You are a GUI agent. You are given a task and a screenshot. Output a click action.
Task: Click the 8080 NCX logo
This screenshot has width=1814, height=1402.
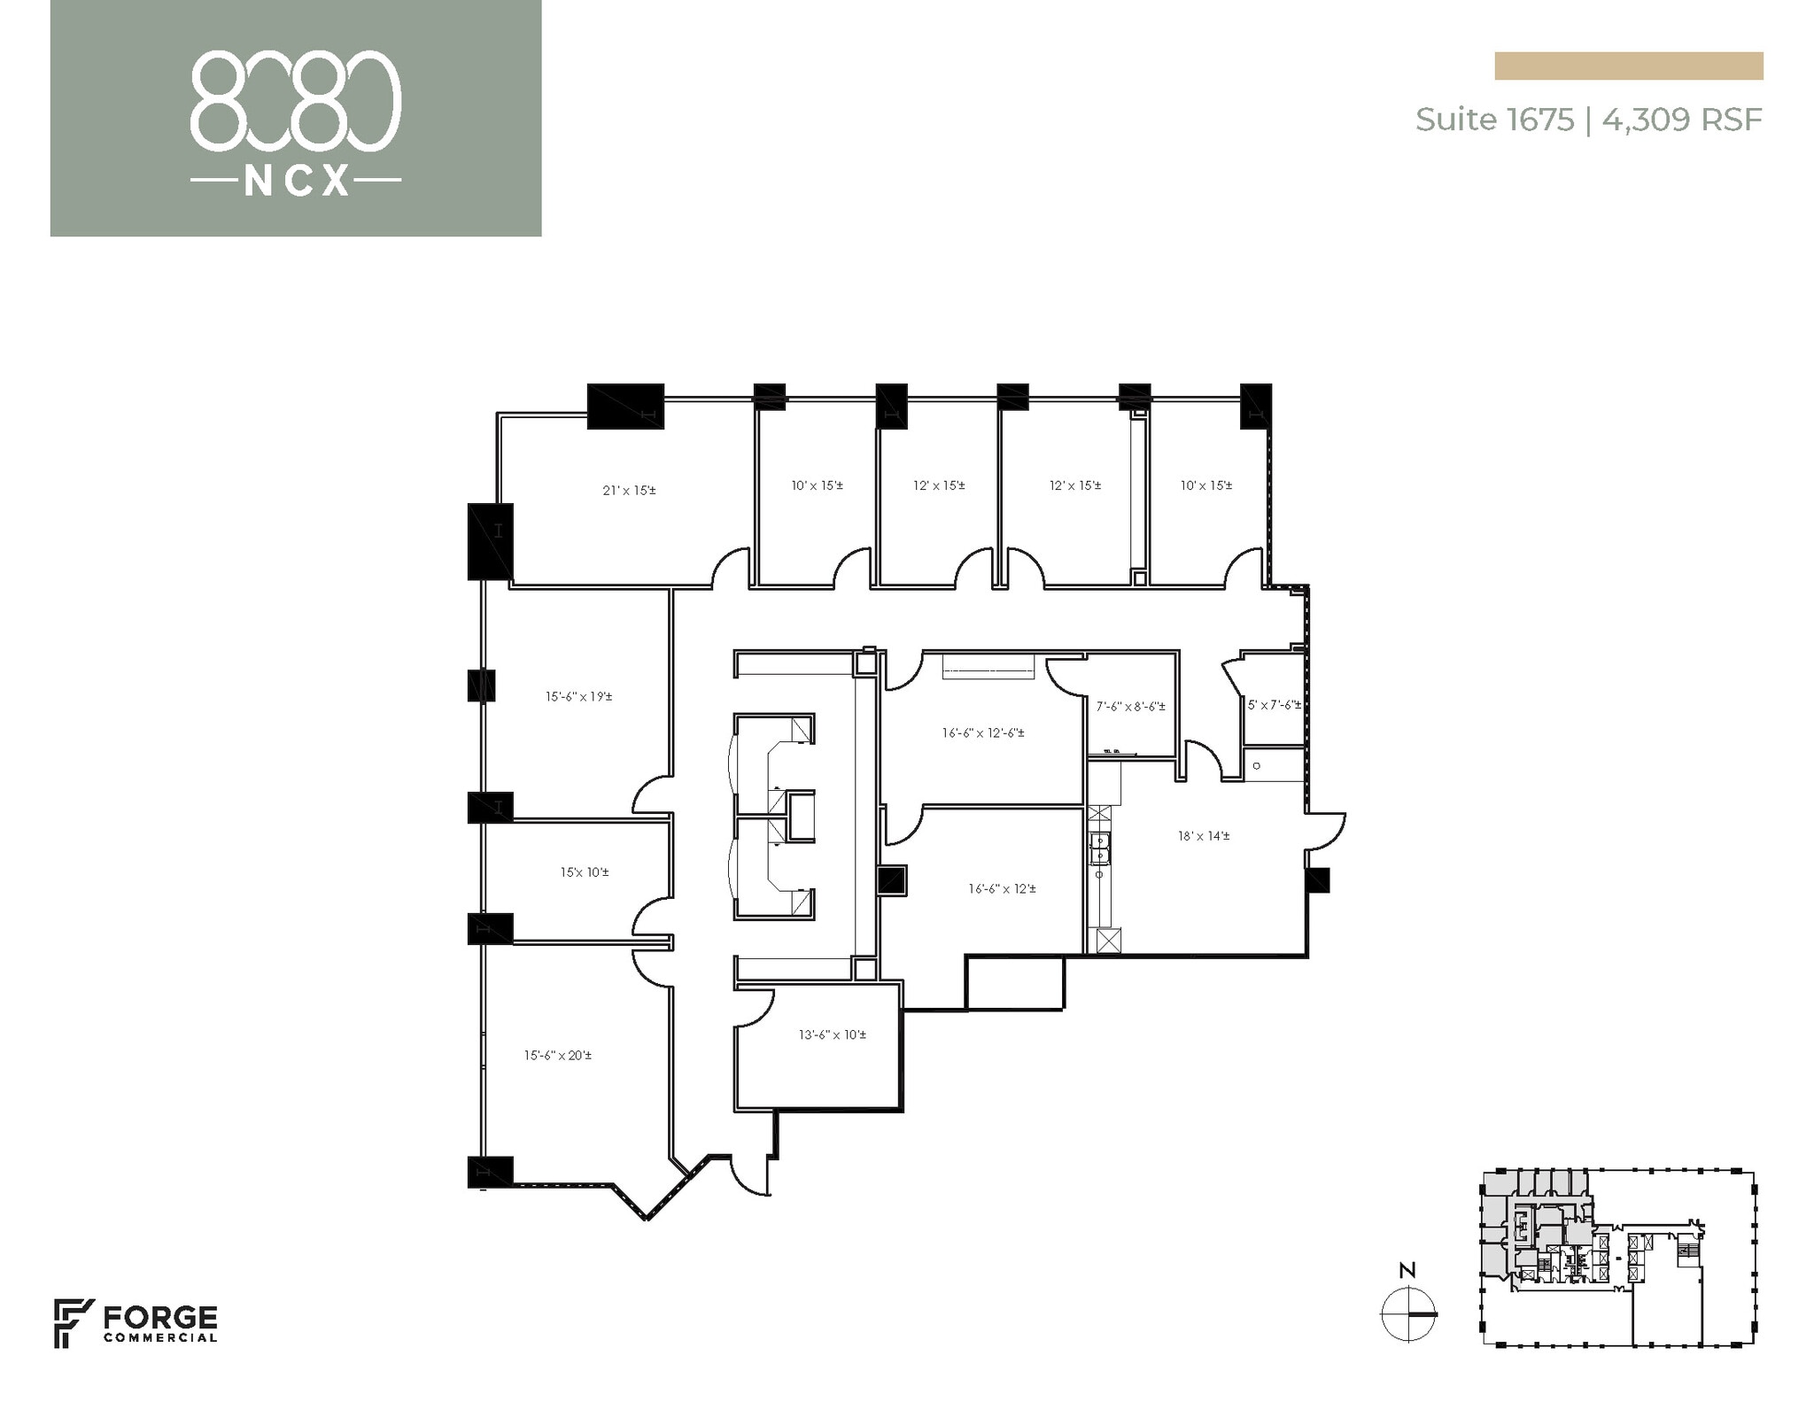(x=295, y=120)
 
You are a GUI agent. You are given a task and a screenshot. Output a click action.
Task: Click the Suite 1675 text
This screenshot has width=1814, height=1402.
(x=1493, y=120)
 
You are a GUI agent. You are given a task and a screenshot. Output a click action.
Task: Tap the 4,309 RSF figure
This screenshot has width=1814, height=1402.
(x=1681, y=120)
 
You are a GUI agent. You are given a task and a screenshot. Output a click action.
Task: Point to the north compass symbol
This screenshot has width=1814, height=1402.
(x=1407, y=1314)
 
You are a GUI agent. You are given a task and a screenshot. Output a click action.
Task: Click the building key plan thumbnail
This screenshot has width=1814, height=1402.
(x=1617, y=1257)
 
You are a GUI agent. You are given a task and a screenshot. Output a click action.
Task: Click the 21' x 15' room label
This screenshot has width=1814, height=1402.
(x=629, y=490)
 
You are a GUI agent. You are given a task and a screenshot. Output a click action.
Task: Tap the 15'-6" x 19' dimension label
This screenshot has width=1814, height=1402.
(x=578, y=696)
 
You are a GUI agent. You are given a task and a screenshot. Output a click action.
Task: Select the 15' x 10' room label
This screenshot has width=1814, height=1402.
(x=584, y=872)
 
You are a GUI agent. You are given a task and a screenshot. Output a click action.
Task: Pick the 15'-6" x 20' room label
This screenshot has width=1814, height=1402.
(x=557, y=1055)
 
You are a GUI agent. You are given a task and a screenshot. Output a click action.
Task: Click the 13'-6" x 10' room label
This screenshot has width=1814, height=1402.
(x=832, y=1034)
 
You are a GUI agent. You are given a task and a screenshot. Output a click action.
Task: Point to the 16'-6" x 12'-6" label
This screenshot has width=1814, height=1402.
(x=983, y=732)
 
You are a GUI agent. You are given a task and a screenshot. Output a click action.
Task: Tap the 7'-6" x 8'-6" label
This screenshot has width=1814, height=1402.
(x=1130, y=707)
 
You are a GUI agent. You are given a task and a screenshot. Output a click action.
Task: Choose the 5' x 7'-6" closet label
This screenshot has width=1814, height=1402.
(x=1274, y=705)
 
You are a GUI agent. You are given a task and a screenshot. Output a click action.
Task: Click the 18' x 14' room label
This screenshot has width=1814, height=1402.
(x=1203, y=835)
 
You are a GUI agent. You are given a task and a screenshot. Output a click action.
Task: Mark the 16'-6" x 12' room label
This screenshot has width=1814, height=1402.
(x=1002, y=888)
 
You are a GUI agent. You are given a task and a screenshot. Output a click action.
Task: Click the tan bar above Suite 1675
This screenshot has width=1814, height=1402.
(x=1628, y=66)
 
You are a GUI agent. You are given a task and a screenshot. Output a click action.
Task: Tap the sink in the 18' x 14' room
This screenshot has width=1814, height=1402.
(x=1100, y=848)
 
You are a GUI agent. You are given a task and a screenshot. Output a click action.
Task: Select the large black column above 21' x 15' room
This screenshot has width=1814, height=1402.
(x=625, y=407)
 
